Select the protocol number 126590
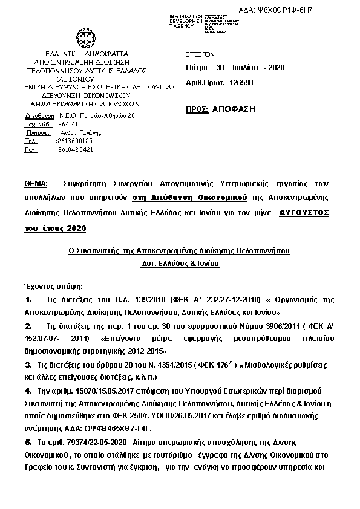241,82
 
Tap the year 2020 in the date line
275,67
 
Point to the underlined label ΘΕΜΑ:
37,183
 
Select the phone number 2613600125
74,140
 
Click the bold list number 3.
28,365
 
